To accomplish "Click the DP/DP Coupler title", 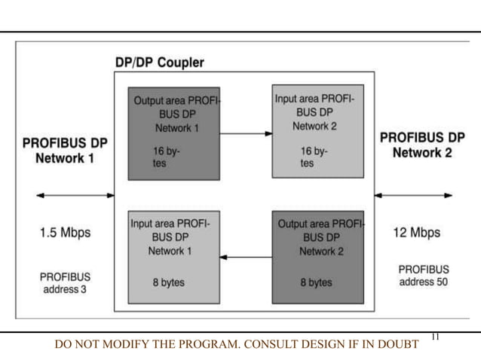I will [158, 63].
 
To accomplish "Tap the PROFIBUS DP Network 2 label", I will [421, 145].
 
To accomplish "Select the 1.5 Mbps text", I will [65, 233].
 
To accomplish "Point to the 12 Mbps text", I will [417, 233].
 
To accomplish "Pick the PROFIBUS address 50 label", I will [423, 275].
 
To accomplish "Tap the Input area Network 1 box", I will [174, 256].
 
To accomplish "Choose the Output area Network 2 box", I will [317, 256].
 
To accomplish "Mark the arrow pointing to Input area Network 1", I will [245, 258].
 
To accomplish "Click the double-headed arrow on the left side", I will [75, 196].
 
